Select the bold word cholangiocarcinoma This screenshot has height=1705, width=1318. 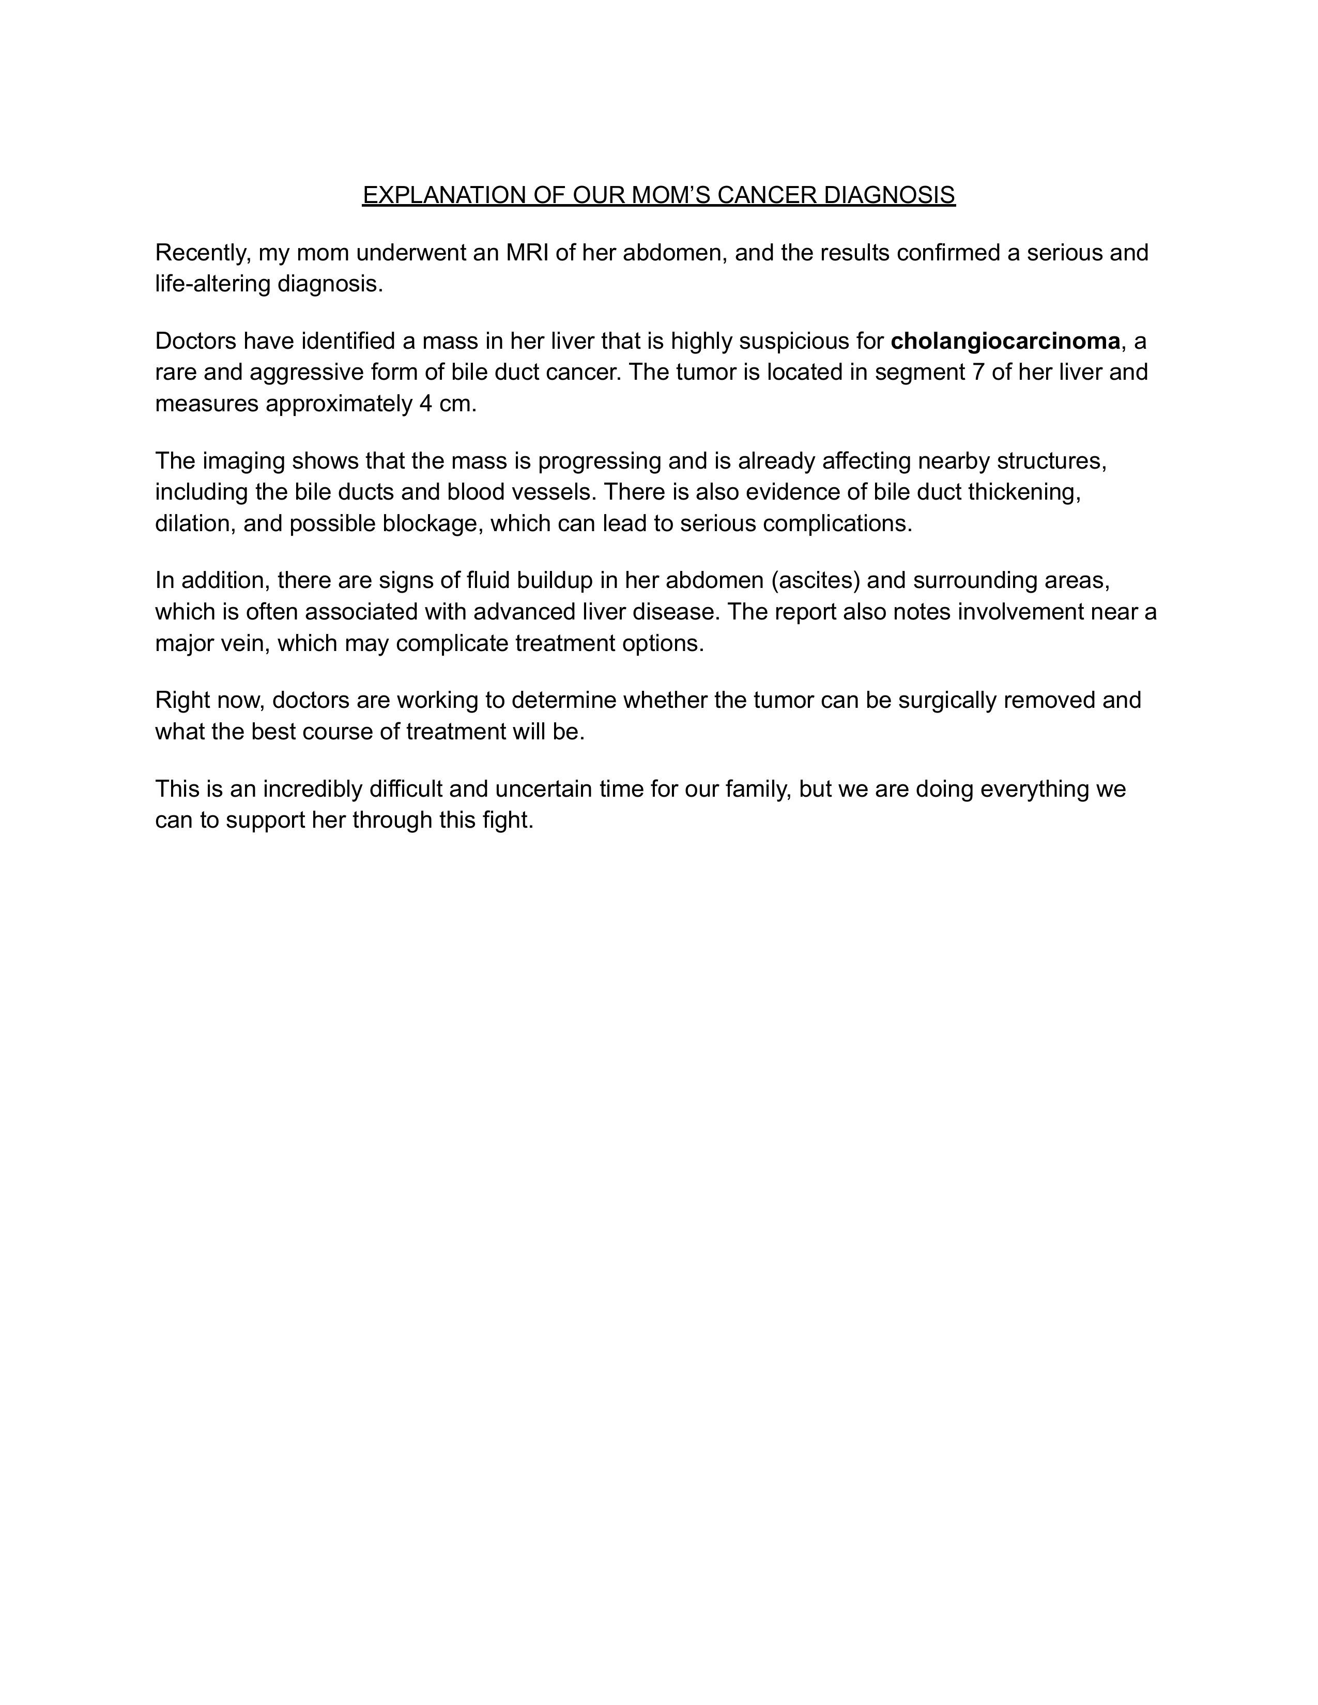click(x=1005, y=341)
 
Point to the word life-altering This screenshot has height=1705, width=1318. click(x=213, y=284)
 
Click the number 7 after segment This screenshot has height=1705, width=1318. click(x=977, y=373)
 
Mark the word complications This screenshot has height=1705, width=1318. click(x=837, y=524)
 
